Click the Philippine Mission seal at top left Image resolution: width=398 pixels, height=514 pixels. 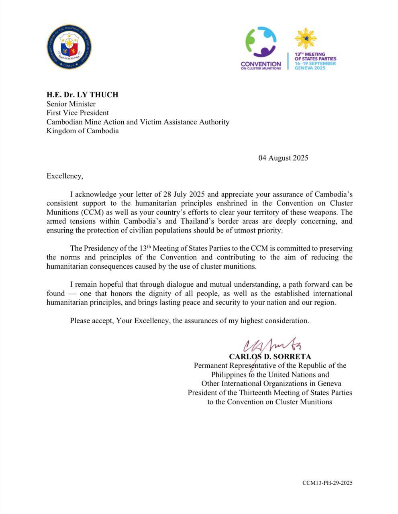click(x=69, y=47)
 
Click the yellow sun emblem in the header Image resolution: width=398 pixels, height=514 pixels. click(x=306, y=39)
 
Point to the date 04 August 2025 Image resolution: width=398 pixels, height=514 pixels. click(x=283, y=158)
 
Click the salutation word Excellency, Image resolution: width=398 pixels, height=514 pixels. click(x=65, y=176)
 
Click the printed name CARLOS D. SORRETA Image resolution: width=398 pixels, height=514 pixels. click(x=270, y=356)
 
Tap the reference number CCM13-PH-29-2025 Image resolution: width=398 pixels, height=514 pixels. click(x=327, y=483)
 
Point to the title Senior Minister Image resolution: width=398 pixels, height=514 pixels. click(x=71, y=104)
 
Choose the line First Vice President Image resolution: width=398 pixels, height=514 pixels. click(x=78, y=113)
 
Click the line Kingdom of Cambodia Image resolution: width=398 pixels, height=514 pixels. click(x=82, y=131)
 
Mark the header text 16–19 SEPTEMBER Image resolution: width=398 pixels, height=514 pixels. click(x=315, y=63)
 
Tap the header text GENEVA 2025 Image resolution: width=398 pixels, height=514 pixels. click(x=310, y=68)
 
